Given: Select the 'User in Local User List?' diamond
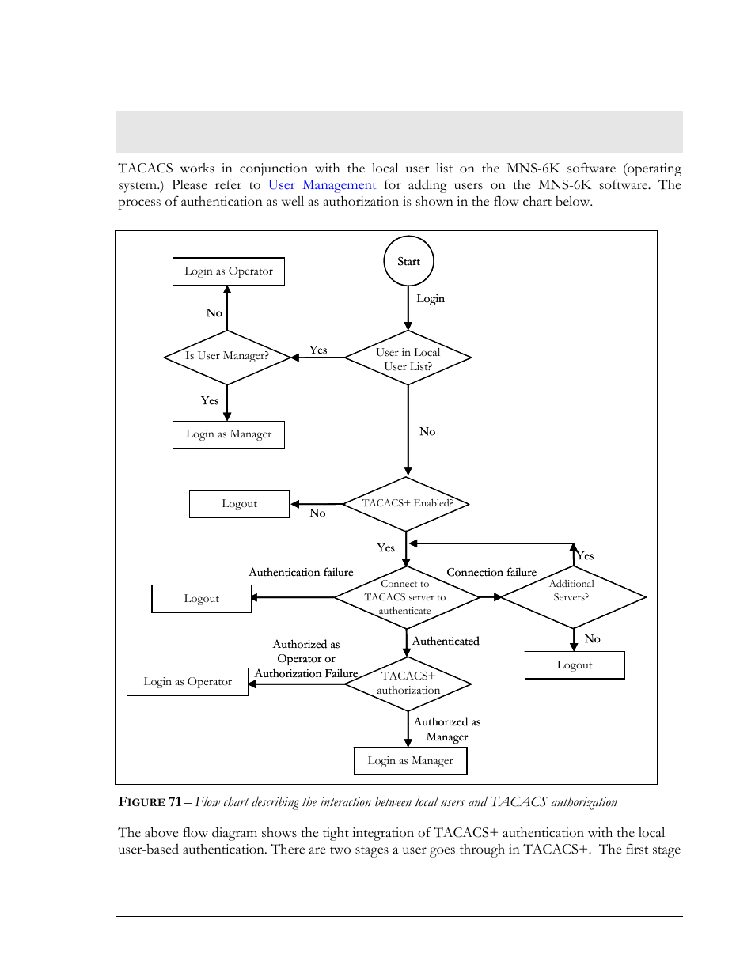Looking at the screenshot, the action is coord(408,358).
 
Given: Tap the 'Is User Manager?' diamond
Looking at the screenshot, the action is coord(227,358).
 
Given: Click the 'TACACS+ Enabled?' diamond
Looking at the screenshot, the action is coord(406,504).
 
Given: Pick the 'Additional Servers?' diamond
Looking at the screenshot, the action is coord(573,597).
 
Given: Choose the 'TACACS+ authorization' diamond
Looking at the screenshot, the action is coord(408,684).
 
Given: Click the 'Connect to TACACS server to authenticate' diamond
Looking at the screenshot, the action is coord(407,597).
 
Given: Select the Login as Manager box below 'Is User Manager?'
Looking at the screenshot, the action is coord(229,434).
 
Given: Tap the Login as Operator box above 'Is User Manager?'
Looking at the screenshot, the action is coord(229,271).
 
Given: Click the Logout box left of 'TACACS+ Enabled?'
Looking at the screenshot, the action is coord(239,504).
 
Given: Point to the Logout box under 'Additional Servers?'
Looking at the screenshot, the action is coord(575,665).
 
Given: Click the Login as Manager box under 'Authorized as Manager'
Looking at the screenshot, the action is coord(411,761).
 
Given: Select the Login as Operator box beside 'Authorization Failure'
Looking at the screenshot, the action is coord(188,682).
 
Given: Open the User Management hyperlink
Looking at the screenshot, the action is coord(325,185).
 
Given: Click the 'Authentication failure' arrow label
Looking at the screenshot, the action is coord(301,572).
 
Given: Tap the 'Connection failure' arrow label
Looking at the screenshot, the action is coord(491,572).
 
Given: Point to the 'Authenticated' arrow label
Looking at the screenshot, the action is coord(446,641).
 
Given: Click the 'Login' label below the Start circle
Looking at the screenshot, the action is coord(431,298).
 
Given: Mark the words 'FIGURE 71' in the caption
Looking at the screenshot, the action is coord(150,801).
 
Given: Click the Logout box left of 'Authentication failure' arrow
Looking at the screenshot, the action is coord(202,598).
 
